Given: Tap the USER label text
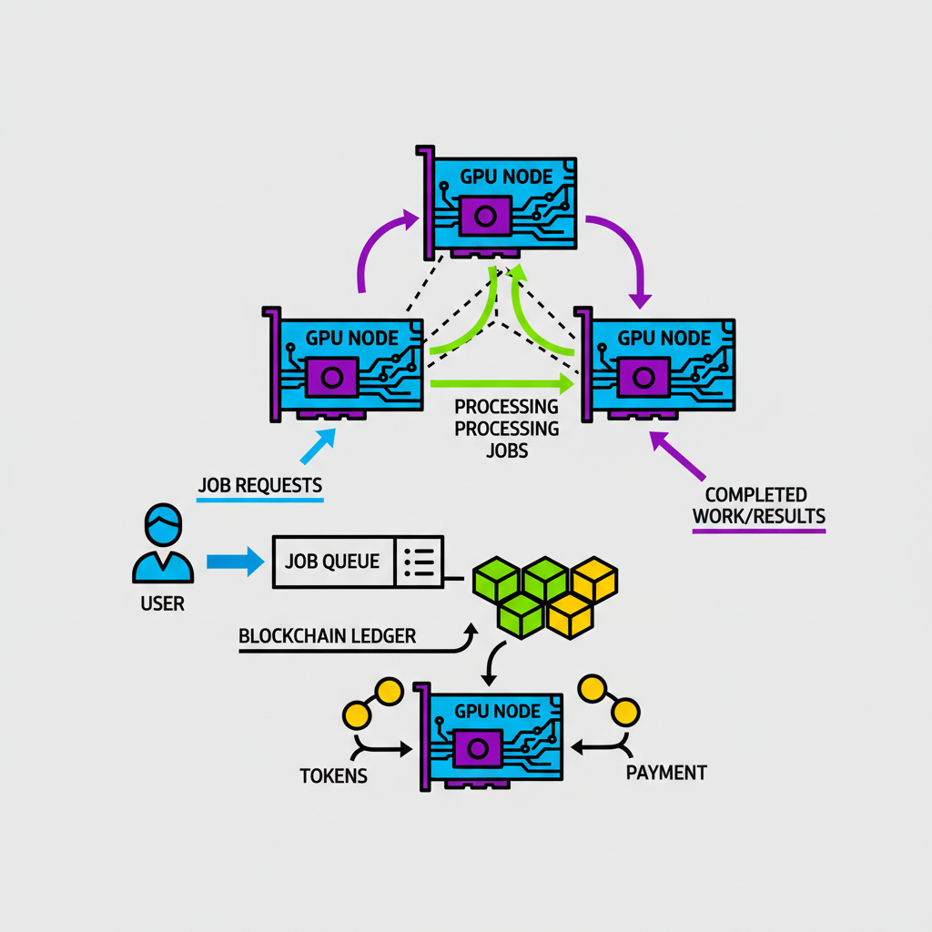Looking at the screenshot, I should pyautogui.click(x=163, y=603).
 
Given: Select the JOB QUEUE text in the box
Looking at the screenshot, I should pyautogui.click(x=331, y=562).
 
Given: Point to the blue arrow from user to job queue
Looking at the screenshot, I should pyautogui.click(x=234, y=562).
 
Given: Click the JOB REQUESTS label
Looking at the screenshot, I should pyautogui.click(x=259, y=485).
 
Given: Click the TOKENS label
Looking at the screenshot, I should pyautogui.click(x=333, y=776).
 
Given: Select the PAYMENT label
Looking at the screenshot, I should pyautogui.click(x=666, y=773).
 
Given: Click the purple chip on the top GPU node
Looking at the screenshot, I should pyautogui.click(x=485, y=217).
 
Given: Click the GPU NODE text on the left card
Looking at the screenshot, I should pyautogui.click(x=351, y=338).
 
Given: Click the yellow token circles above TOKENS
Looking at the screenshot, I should pyautogui.click(x=373, y=702).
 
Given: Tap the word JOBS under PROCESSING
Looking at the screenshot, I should pyautogui.click(x=507, y=450).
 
